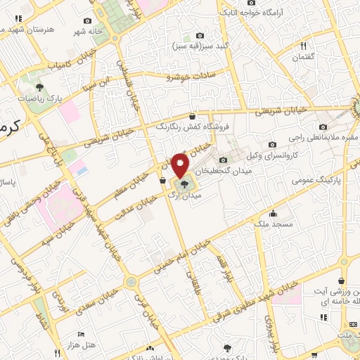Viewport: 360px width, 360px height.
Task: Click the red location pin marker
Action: (181, 166)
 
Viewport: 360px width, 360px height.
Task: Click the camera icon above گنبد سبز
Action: (200, 35)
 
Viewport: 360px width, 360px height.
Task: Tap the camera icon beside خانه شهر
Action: (86, 22)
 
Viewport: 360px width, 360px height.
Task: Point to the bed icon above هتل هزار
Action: (82, 334)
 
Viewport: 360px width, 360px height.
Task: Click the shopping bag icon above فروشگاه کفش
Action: (193, 117)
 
